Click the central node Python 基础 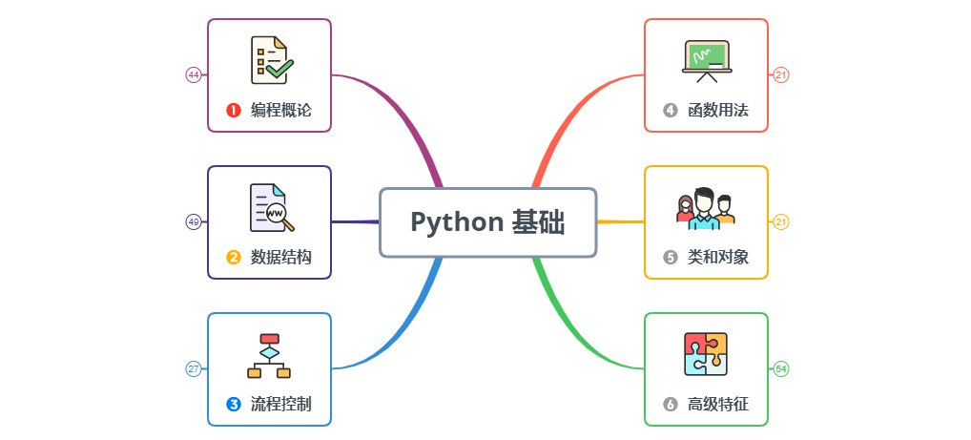tap(487, 222)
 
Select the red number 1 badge tap(233, 110)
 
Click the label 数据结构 tap(280, 257)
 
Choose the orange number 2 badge tap(233, 257)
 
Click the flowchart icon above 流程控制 tap(269, 355)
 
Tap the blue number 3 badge tap(233, 404)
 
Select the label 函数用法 tap(718, 110)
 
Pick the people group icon tap(706, 207)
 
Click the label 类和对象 tap(718, 257)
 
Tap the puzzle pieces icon tap(706, 354)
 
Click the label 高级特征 tap(718, 404)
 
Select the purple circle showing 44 tap(193, 74)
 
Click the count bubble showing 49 tap(193, 221)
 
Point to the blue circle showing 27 tap(193, 368)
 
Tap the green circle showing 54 tap(781, 368)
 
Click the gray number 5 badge tap(670, 257)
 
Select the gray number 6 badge tap(670, 404)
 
